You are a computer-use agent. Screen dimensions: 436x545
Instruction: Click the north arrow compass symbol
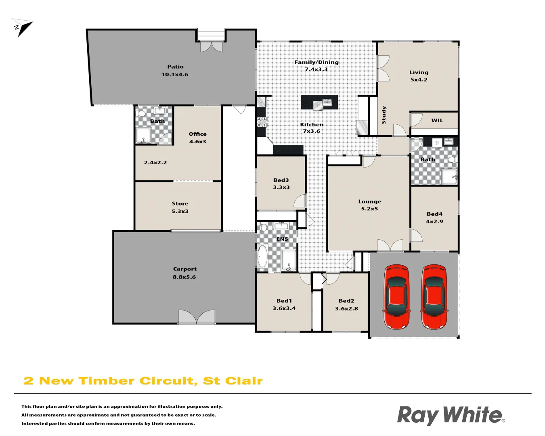[x=23, y=27]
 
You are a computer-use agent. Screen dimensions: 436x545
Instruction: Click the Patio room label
[x=175, y=67]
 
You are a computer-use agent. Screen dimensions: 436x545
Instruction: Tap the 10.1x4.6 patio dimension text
[x=175, y=75]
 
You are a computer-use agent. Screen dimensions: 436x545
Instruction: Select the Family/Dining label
[x=317, y=62]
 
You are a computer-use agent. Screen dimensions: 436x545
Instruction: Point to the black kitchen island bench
[x=319, y=103]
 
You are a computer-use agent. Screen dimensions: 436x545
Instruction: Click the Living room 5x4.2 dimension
[x=419, y=80]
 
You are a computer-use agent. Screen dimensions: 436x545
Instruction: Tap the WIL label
[x=437, y=121]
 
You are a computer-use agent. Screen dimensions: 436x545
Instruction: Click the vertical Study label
[x=384, y=115]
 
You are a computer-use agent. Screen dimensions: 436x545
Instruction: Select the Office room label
[x=197, y=134]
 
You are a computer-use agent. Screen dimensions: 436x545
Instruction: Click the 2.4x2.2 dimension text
[x=155, y=163]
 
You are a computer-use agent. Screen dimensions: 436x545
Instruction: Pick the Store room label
[x=180, y=204]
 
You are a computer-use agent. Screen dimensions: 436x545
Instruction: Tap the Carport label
[x=185, y=269]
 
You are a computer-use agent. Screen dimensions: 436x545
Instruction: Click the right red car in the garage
[x=434, y=297]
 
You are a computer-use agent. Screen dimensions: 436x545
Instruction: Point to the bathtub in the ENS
[x=262, y=256]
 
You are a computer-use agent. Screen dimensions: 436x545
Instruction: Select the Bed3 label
[x=281, y=180]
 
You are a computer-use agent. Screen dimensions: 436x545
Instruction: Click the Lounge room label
[x=370, y=202]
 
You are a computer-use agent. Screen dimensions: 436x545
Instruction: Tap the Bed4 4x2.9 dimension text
[x=434, y=222]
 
